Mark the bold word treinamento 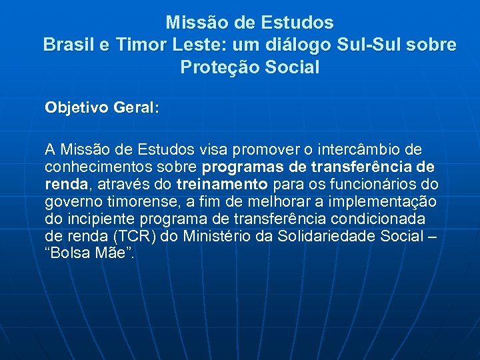[x=222, y=184]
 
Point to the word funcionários [x=376, y=184]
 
